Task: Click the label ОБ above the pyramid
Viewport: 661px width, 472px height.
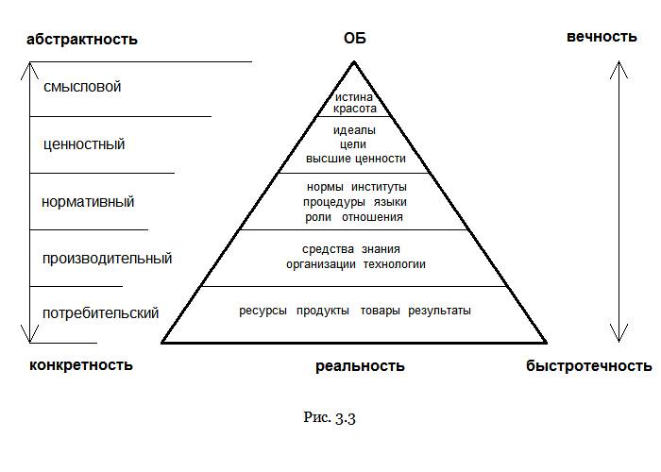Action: tap(354, 39)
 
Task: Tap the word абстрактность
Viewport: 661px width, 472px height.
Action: tap(82, 40)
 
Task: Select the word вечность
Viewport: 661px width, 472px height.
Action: tap(602, 37)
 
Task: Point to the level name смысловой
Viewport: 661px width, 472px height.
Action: tap(82, 87)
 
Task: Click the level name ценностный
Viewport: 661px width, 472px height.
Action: tap(84, 144)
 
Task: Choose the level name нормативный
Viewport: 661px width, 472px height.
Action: tap(88, 202)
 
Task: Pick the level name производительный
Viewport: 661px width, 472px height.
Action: tap(107, 259)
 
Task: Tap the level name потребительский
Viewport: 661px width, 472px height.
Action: tap(101, 313)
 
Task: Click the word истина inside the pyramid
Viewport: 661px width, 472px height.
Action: tap(354, 97)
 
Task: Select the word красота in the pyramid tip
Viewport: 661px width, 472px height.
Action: tap(354, 109)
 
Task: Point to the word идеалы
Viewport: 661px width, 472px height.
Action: tap(354, 130)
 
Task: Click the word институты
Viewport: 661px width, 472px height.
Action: tap(379, 187)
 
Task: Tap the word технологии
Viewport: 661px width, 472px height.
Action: tap(394, 264)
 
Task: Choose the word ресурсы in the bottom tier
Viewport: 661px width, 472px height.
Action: tap(263, 311)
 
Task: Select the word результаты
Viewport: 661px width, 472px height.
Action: tap(439, 311)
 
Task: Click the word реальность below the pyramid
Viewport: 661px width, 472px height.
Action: tap(360, 366)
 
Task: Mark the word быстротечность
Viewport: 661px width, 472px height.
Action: tap(589, 366)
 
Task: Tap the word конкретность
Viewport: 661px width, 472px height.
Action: tap(81, 365)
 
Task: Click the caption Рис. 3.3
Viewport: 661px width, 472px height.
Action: tap(330, 417)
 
